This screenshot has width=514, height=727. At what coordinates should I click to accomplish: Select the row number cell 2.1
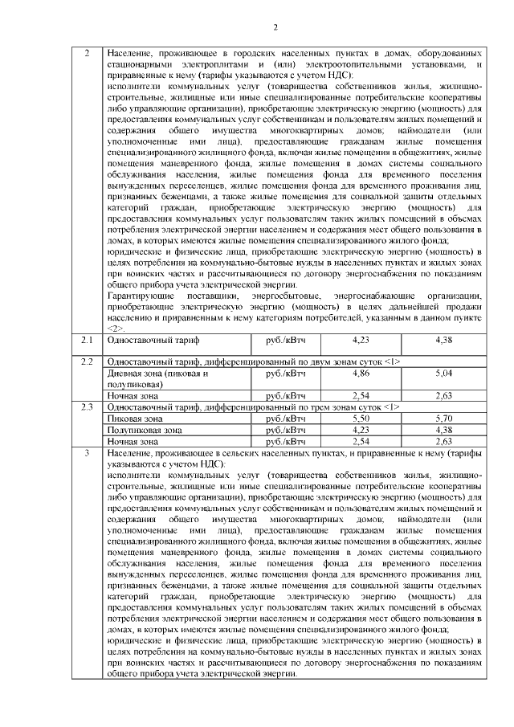(x=87, y=341)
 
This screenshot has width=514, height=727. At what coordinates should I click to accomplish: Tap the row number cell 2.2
(x=87, y=361)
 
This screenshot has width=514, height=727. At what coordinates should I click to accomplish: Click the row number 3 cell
(x=87, y=454)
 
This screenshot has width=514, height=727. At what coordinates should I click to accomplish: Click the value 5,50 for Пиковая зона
(x=361, y=419)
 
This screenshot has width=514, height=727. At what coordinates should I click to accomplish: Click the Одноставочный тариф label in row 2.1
(x=144, y=341)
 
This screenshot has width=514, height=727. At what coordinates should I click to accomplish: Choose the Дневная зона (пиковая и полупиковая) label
(x=152, y=378)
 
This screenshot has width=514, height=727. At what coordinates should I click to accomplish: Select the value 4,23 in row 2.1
(x=361, y=341)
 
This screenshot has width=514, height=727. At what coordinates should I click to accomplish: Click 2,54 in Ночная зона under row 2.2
(x=361, y=396)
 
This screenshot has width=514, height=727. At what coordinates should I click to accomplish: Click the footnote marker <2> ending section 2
(x=116, y=329)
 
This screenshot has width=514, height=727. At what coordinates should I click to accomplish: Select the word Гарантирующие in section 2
(x=140, y=297)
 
